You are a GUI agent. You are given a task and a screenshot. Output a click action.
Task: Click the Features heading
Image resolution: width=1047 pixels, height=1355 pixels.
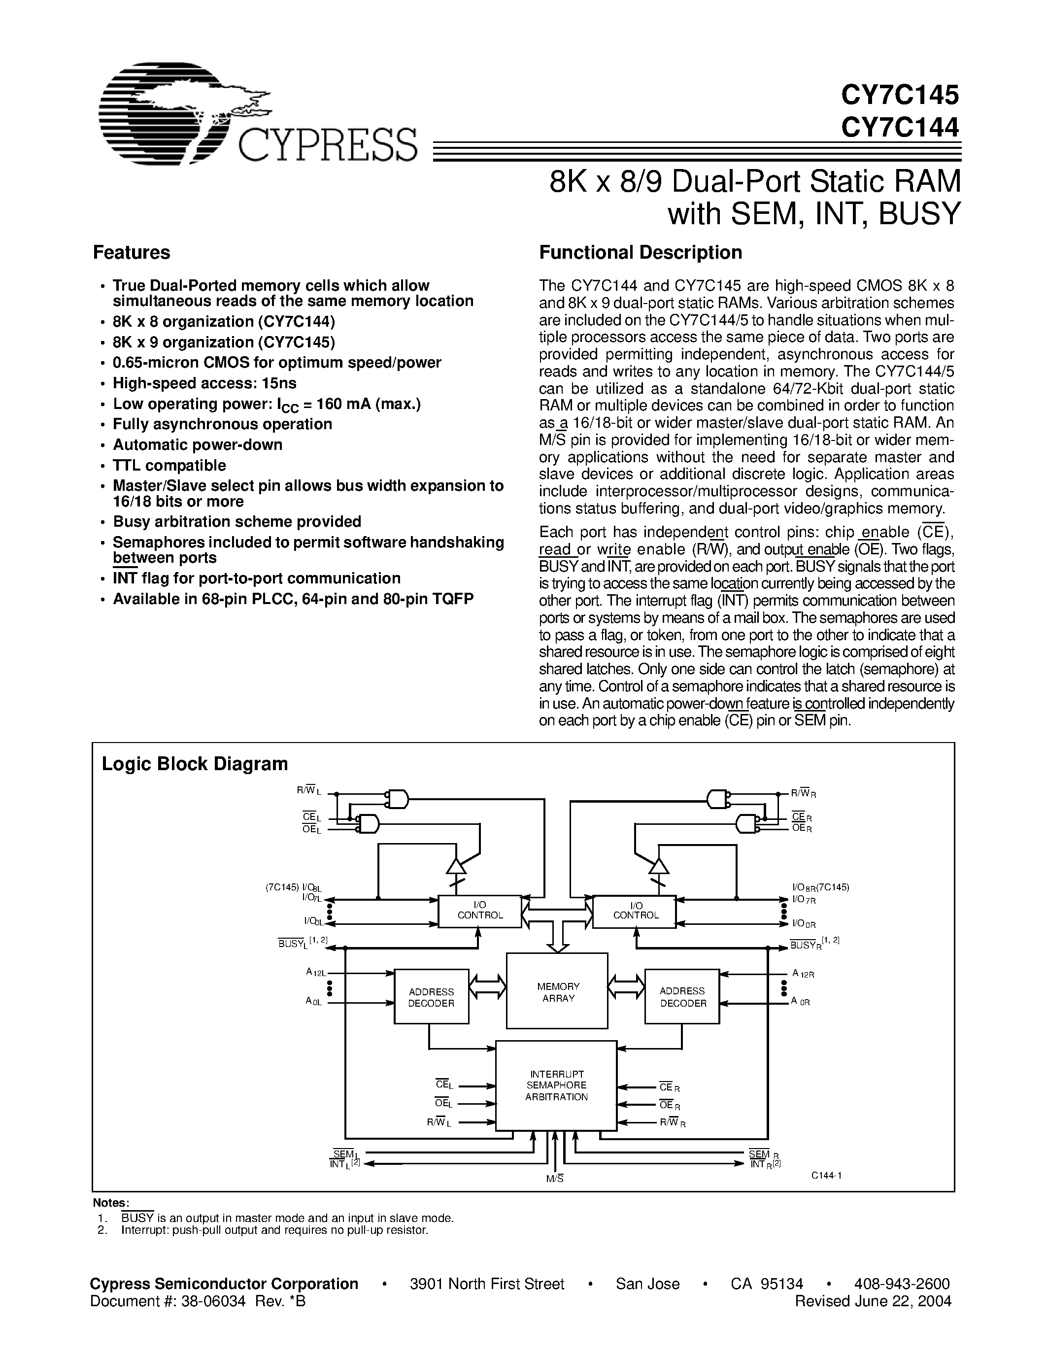[131, 252]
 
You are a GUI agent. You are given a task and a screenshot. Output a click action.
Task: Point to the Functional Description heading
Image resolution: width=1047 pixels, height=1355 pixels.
[640, 252]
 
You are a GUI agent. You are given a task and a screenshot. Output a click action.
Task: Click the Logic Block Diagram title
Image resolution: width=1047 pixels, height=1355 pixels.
[195, 764]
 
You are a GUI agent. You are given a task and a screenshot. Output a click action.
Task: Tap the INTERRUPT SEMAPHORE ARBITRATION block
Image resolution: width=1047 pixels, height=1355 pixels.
[556, 1085]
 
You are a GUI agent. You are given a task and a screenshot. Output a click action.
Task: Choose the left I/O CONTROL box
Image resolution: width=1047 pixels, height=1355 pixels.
[479, 911]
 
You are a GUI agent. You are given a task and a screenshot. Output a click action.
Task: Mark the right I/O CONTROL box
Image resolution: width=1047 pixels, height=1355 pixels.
[635, 911]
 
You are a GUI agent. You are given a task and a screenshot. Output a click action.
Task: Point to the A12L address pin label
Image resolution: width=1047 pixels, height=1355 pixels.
[316, 973]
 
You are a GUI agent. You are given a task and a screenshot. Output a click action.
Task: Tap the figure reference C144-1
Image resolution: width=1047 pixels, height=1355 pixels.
[826, 1175]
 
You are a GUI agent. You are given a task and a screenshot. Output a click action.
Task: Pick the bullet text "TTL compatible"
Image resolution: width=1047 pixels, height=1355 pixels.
[169, 465]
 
